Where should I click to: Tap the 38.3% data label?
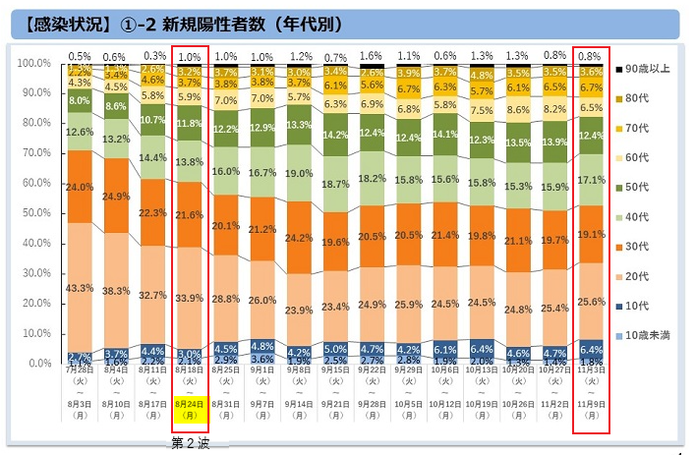pos(115,291)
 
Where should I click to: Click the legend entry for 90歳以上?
pos(645,69)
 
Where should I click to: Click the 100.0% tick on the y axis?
pos(34,63)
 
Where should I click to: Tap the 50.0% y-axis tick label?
pos(36,213)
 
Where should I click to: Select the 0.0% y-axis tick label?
pos(39,364)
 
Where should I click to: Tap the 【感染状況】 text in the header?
pos(58,22)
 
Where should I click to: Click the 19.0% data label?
pos(299,173)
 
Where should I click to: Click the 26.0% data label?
pos(261,300)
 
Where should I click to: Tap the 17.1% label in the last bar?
pos(591,181)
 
